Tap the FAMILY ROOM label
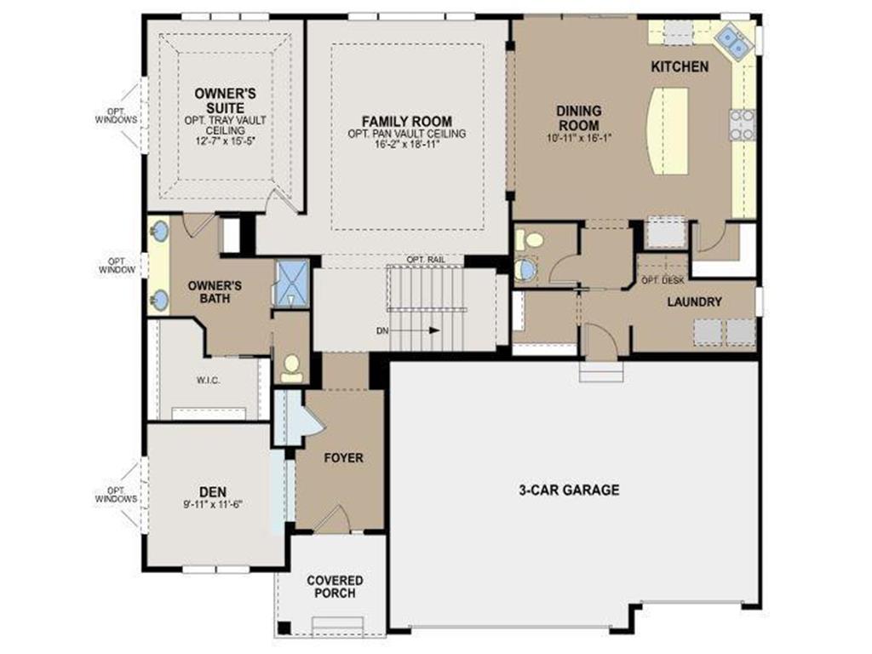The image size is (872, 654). (x=406, y=122)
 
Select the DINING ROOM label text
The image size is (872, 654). (x=578, y=117)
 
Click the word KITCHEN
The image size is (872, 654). (x=679, y=66)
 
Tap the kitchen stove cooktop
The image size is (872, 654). (x=742, y=124)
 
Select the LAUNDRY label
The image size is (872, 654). (x=694, y=301)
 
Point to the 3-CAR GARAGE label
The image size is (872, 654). (x=570, y=490)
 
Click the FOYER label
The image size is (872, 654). (x=343, y=458)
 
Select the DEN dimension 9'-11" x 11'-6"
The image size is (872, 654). (x=211, y=503)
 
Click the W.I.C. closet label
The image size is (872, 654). (x=208, y=380)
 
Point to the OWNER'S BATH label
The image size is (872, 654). (x=214, y=292)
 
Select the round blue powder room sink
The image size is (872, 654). (x=526, y=270)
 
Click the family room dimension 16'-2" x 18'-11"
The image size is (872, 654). (x=406, y=146)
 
